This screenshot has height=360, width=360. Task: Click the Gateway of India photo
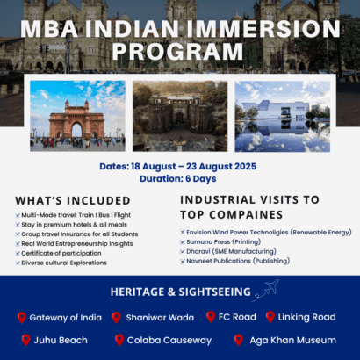pos(77,115)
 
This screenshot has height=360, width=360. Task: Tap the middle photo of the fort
pos(179,116)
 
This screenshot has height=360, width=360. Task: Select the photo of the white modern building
pos(282,116)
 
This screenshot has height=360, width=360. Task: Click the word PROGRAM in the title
pos(179,52)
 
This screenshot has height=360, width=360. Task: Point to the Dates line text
pos(179,165)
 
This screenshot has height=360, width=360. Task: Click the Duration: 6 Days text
pos(179,177)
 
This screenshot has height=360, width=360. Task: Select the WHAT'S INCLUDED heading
pos(73,201)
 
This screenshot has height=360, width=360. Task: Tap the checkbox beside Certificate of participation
pos(18,254)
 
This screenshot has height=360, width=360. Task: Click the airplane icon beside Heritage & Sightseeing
pos(263,291)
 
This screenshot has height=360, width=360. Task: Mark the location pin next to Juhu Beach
pos(23,340)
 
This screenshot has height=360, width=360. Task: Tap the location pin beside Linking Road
pos(270,317)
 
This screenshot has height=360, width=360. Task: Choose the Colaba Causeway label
pos(169,340)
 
